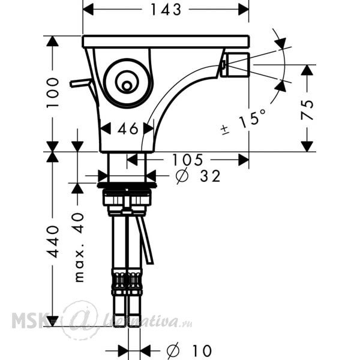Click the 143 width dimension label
click(x=166, y=10)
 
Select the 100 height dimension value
click(x=53, y=92)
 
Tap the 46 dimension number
click(x=128, y=128)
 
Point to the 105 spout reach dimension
click(x=188, y=160)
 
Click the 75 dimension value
click(x=307, y=110)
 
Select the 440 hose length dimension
click(x=53, y=242)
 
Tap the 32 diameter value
click(x=210, y=176)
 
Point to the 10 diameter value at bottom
click(x=202, y=350)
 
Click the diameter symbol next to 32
click(x=182, y=176)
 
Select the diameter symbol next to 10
click(x=173, y=350)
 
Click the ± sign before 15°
click(x=225, y=130)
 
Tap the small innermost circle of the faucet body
click(x=127, y=86)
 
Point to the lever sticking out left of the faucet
click(x=81, y=83)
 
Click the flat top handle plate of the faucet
click(x=166, y=41)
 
